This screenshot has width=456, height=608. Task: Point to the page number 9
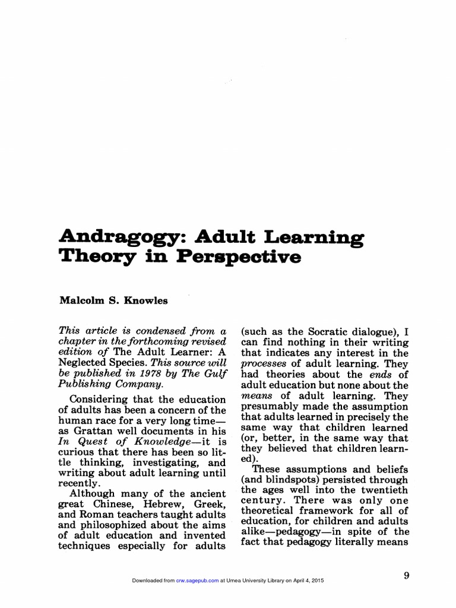(x=406, y=575)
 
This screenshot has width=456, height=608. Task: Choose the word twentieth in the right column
(x=382, y=490)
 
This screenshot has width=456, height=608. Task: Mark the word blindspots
(x=284, y=480)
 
